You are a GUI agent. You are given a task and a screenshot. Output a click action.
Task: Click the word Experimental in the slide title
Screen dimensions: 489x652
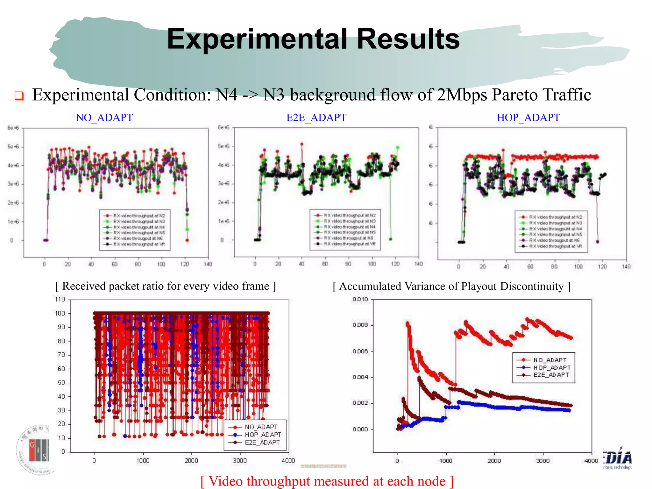point(257,39)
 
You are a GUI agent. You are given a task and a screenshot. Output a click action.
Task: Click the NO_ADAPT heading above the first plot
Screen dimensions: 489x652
point(104,117)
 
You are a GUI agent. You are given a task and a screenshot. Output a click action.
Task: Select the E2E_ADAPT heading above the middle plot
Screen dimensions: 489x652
point(316,117)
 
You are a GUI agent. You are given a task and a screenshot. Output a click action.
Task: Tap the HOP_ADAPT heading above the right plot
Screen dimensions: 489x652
point(528,117)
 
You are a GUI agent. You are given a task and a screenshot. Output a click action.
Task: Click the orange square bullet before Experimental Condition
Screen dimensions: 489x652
point(19,96)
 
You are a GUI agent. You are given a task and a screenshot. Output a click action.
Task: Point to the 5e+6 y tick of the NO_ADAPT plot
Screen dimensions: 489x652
point(13,147)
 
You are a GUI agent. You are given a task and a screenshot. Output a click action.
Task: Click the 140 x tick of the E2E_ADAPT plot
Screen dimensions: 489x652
point(418,264)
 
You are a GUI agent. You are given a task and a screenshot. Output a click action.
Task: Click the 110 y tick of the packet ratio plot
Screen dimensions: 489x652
point(60,299)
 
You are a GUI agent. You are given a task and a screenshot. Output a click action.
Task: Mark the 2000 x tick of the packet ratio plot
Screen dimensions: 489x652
point(191,461)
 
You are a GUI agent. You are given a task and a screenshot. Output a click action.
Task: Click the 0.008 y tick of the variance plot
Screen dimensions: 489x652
point(360,325)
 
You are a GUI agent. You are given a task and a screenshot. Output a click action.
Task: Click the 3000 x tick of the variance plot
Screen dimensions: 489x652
point(543,461)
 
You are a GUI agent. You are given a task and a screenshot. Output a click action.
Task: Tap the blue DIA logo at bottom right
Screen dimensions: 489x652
point(618,458)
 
